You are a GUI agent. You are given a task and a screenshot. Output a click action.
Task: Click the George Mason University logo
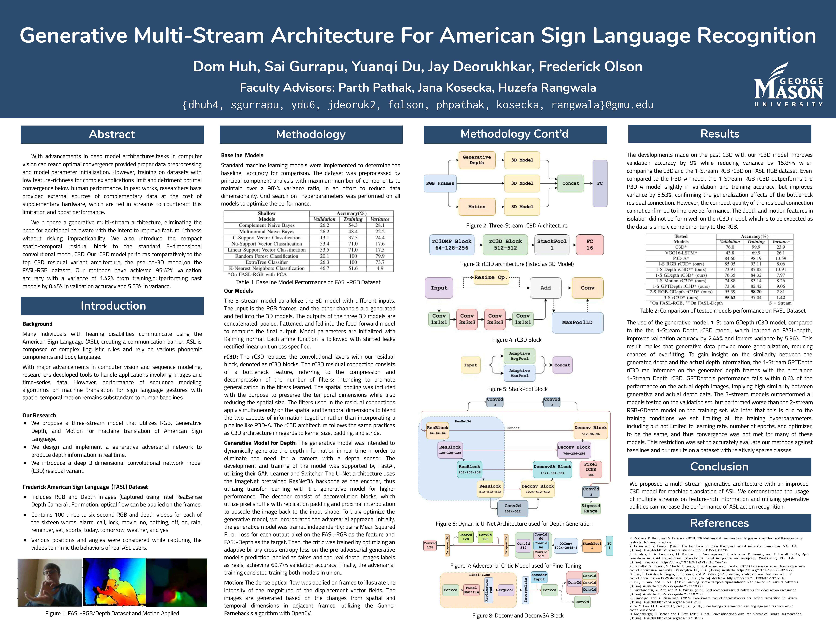pyautogui.click(x=788, y=87)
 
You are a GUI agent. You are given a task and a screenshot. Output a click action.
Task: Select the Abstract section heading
pyautogui.click(x=112, y=134)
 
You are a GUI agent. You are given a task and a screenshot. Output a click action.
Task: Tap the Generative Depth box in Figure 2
pyautogui.click(x=477, y=160)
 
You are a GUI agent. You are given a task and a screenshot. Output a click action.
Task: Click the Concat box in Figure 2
pyautogui.click(x=570, y=183)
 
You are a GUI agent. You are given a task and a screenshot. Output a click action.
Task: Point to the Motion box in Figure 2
pyautogui.click(x=477, y=207)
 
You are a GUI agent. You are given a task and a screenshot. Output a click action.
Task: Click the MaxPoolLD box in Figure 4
pyautogui.click(x=577, y=322)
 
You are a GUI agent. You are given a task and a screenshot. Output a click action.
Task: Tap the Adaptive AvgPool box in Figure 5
pyautogui.click(x=519, y=356)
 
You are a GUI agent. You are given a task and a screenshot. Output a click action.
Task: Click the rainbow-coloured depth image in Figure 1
pyautogui.click(x=114, y=582)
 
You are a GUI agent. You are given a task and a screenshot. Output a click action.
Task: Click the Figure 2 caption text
pyautogui.click(x=517, y=226)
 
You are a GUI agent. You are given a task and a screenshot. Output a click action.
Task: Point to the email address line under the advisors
pyautogui.click(x=418, y=105)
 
